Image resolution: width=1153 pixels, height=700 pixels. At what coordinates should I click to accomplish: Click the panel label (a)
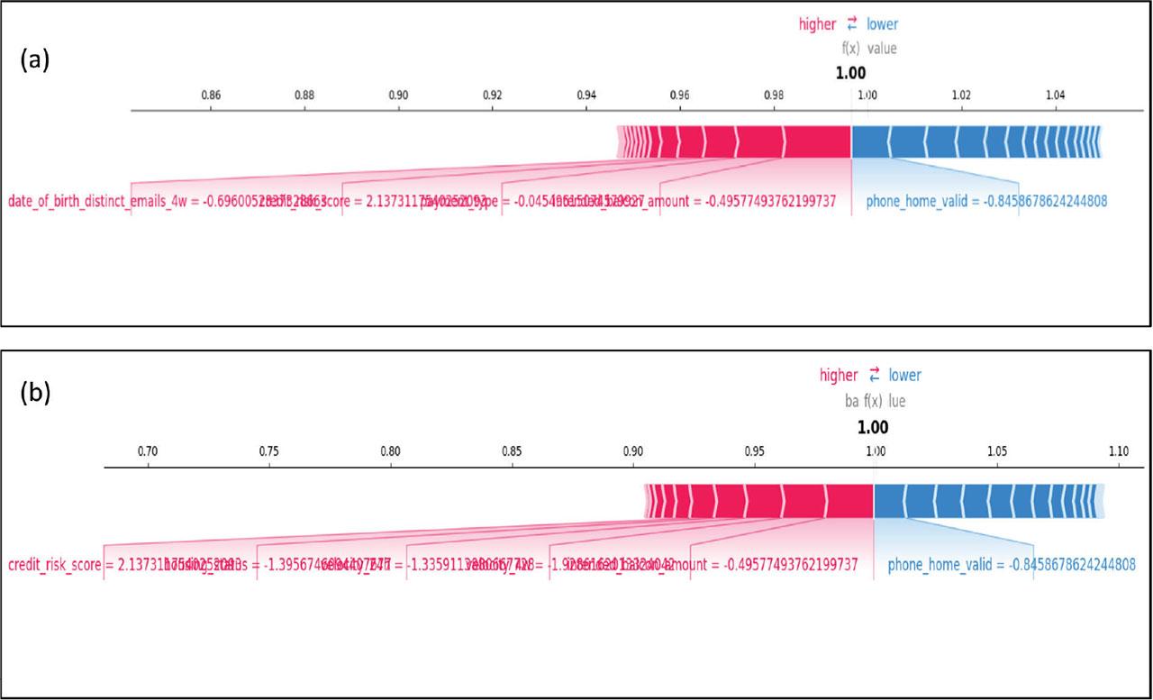coord(34,60)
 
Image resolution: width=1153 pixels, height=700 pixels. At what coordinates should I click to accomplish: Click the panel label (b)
coord(35,394)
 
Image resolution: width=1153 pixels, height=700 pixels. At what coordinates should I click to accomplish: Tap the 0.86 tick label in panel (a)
coord(210,95)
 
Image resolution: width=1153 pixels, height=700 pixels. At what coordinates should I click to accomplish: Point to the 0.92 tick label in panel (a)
coord(492,95)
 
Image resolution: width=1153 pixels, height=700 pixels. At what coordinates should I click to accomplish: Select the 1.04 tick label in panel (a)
coord(1055,95)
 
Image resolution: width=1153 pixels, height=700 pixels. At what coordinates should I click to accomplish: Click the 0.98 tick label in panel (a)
coord(773,95)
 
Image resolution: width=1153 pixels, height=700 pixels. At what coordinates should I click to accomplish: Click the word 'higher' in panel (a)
coord(818,24)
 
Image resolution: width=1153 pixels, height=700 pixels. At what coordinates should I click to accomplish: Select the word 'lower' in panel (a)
coord(882,24)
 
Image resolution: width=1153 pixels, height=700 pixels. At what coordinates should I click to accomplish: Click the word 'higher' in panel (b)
coord(839,375)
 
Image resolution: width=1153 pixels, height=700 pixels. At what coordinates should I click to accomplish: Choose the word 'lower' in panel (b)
coord(904,375)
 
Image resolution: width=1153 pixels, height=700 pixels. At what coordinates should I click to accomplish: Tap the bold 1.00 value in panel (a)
coord(850,73)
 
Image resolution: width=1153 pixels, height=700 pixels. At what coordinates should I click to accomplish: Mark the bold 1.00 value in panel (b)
coord(872,427)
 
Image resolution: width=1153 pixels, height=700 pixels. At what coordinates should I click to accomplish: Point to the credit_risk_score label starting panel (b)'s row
coord(54,565)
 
